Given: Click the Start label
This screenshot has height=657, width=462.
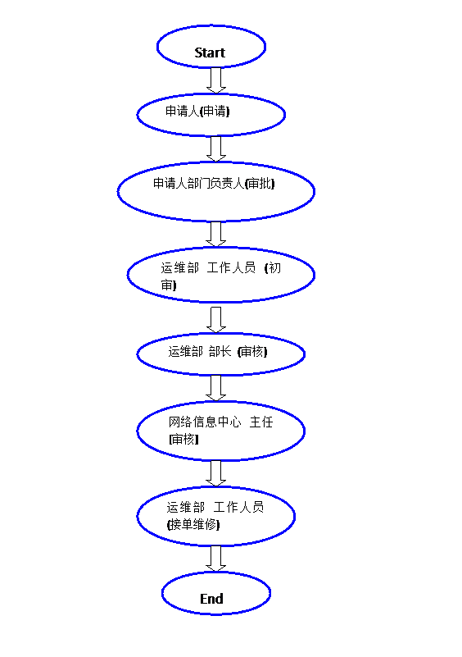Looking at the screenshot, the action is (210, 52).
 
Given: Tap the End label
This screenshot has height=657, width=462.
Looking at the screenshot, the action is (211, 599).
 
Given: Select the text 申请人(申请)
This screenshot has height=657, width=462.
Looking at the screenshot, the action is (197, 111).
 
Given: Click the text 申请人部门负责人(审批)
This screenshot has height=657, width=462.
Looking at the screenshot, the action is (214, 183).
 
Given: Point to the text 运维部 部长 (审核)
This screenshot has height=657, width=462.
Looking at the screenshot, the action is (218, 352).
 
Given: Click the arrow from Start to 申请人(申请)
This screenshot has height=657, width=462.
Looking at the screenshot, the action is (216, 80).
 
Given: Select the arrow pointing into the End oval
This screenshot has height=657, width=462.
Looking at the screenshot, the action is (216, 559).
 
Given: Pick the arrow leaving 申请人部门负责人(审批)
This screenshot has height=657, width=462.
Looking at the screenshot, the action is (216, 234).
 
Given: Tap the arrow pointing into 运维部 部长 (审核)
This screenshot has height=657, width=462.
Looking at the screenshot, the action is (216, 320).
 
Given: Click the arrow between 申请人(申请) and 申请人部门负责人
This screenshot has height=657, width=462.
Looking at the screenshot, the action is (216, 148).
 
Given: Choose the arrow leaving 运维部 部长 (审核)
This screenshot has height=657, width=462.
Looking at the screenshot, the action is (216, 388).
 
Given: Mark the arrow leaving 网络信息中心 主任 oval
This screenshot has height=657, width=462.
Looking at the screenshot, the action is (216, 473).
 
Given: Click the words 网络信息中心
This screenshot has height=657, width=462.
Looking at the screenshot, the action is (205, 422).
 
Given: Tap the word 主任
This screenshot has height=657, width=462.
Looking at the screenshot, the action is (261, 422).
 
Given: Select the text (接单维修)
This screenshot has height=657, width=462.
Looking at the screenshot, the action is (193, 524).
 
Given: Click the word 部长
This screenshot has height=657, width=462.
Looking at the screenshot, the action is (220, 352).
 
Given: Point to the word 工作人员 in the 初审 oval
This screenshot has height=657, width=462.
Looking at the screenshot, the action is (232, 267).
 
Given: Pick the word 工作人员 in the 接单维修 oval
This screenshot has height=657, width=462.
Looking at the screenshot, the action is (238, 508).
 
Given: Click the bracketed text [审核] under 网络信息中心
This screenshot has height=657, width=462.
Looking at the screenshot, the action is (183, 439).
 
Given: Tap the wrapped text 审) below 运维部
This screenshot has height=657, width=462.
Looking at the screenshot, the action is (169, 285).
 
